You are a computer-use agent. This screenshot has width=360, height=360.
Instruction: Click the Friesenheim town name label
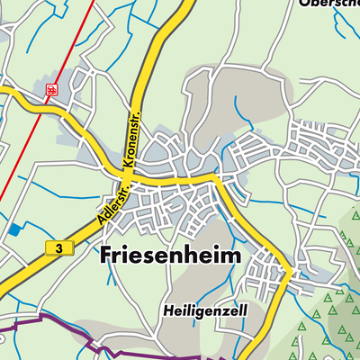click(x=167, y=255)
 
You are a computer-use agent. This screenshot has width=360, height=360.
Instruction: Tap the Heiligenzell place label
click(x=202, y=310)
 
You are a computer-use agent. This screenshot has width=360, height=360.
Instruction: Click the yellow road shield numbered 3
click(x=58, y=247)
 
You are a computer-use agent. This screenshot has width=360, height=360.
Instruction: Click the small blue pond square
click(x=13, y=229)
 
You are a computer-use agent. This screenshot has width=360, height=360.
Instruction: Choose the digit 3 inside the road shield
click(x=58, y=247)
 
